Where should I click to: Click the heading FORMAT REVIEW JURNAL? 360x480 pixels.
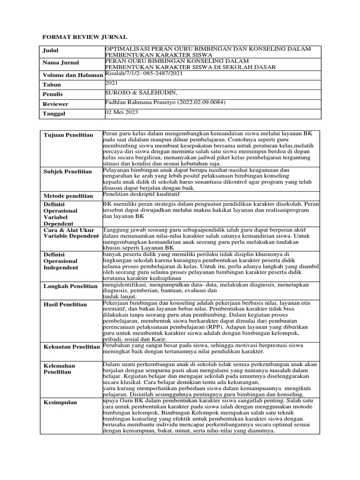85,37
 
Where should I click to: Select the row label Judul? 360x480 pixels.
51,51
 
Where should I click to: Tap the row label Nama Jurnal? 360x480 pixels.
61,63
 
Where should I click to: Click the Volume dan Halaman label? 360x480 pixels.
73,75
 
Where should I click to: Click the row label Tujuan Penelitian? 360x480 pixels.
68,135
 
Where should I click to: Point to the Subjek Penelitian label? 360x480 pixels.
67,172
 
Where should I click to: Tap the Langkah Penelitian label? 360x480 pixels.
70,286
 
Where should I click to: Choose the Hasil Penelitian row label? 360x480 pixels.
65,305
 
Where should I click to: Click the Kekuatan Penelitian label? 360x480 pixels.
71,347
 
